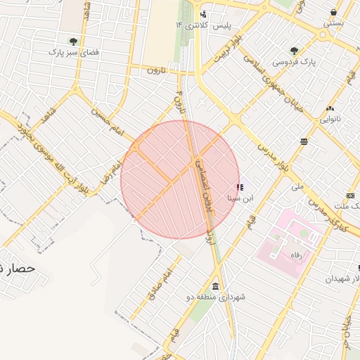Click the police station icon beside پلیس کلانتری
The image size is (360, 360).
204,14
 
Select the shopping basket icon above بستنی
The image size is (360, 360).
333,12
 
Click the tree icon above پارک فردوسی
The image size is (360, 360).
294,51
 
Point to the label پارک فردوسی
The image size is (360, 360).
295,62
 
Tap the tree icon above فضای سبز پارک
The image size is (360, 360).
73,41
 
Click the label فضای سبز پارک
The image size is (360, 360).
72,52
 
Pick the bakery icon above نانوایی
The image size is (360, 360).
330,108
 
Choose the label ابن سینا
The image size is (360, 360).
235,198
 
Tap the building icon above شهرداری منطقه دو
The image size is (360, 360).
214,286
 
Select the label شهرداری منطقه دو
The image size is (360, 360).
222,297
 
